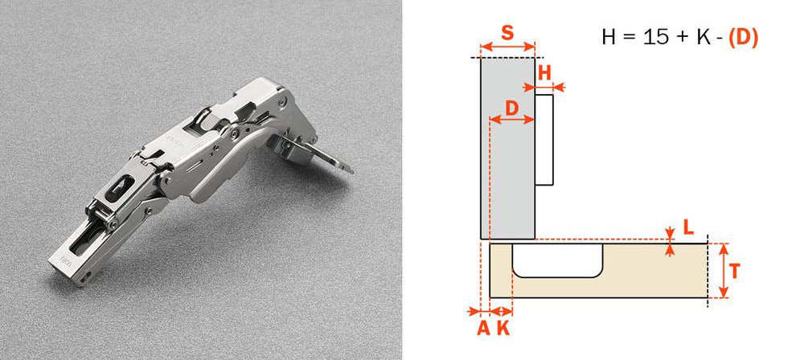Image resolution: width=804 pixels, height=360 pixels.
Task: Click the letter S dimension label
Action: coord(507,33)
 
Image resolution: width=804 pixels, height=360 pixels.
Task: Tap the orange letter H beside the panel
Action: coord(544,73)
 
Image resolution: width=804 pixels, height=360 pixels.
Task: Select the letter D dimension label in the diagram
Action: coord(511,108)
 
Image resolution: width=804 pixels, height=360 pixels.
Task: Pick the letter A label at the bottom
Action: coord(483,328)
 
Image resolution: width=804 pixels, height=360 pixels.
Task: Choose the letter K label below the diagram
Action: coord(504,328)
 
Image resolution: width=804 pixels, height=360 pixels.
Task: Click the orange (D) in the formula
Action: coord(743,38)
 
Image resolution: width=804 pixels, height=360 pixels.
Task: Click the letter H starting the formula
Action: coord(609,38)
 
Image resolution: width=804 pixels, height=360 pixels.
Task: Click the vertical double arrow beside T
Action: coord(723,270)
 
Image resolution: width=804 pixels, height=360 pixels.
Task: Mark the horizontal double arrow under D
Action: coord(511,120)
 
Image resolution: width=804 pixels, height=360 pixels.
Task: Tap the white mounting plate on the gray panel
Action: coord(544,140)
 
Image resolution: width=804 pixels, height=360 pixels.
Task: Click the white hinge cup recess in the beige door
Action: coord(557,260)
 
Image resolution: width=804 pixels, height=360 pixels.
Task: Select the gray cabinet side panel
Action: coord(507,148)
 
